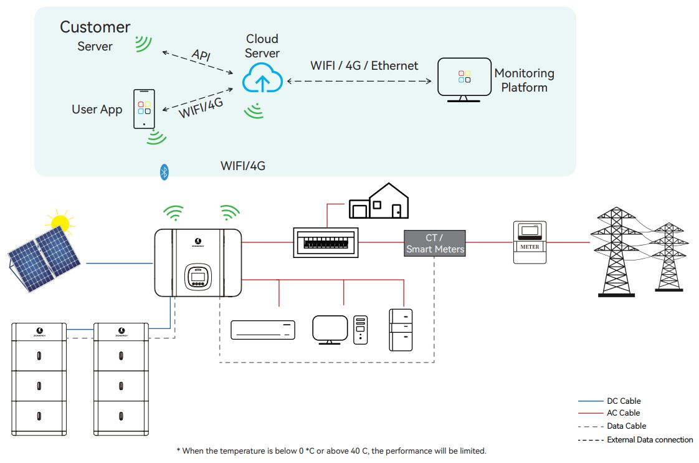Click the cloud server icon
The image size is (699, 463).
click(262, 78)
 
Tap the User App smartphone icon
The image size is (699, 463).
click(144, 108)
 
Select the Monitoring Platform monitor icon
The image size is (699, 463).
click(464, 79)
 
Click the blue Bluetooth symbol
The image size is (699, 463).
click(164, 173)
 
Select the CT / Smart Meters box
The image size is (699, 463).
click(435, 242)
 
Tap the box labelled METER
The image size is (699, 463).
click(529, 241)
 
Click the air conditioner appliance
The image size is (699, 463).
click(263, 330)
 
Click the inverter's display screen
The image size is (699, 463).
click(197, 275)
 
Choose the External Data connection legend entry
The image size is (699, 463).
click(650, 440)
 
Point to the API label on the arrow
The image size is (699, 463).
click(201, 55)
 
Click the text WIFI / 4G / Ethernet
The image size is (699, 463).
click(364, 65)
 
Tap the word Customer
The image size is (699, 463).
click(95, 27)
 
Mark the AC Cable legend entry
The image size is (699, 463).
click(623, 413)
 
